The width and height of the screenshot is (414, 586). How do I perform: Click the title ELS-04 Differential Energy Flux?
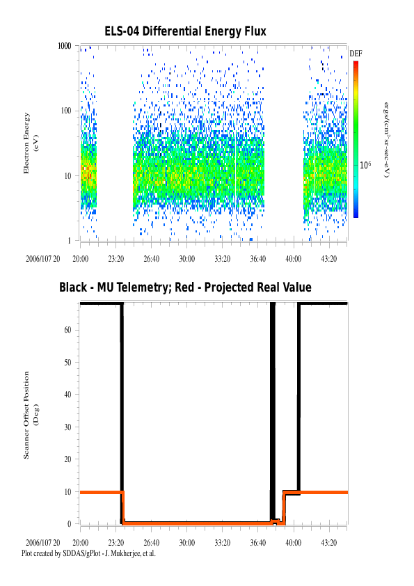click(x=185, y=31)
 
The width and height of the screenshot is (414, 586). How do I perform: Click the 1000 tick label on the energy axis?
click(x=64, y=46)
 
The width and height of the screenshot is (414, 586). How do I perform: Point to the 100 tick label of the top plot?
click(x=66, y=111)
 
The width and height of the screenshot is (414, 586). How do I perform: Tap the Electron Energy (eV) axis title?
click(x=31, y=143)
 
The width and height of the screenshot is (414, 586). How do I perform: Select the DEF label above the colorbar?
click(x=356, y=54)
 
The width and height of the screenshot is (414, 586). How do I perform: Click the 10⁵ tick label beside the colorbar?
click(x=365, y=165)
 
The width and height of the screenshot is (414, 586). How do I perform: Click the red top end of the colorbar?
click(x=356, y=63)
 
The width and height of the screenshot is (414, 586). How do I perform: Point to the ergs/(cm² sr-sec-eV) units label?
click(x=387, y=139)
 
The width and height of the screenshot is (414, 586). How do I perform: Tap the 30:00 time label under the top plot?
click(x=187, y=259)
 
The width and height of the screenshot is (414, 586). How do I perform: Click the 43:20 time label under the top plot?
click(x=329, y=259)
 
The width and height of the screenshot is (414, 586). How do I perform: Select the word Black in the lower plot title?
click(x=73, y=287)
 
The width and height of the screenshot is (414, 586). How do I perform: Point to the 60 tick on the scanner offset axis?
click(x=67, y=330)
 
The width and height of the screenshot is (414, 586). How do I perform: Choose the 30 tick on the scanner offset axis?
click(x=67, y=427)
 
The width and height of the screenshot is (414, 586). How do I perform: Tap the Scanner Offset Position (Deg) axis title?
click(x=31, y=415)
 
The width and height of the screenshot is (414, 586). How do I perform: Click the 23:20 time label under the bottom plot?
click(x=116, y=543)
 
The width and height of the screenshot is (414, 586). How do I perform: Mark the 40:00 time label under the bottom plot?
click(x=294, y=543)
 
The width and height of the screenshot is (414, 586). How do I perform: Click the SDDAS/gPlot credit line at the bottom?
click(x=88, y=553)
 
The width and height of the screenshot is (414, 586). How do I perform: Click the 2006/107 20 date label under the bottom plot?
click(x=43, y=543)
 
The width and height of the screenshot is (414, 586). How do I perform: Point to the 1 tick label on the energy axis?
click(x=69, y=241)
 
